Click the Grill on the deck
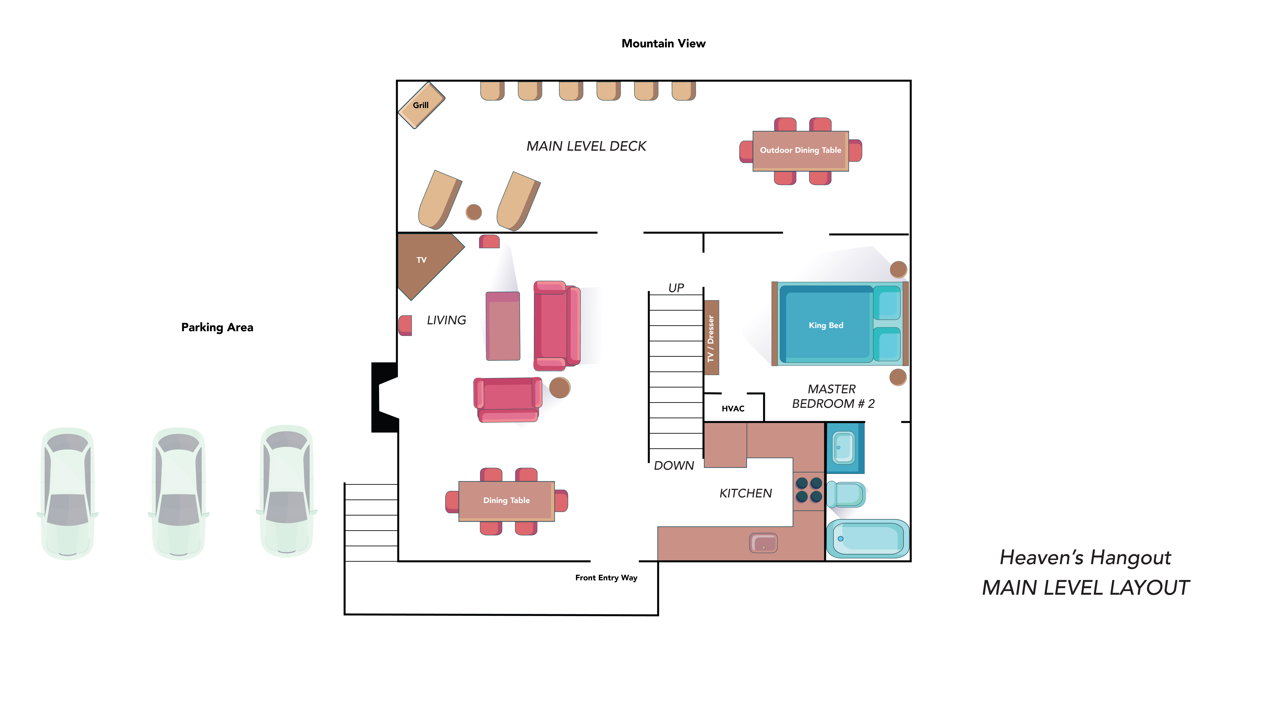click(421, 105)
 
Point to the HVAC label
click(733, 409)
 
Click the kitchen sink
click(763, 543)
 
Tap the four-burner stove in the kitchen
click(809, 490)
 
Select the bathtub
click(868, 539)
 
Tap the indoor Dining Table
click(507, 501)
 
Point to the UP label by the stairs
click(676, 288)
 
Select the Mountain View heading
click(663, 44)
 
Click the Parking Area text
click(217, 327)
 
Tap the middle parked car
click(179, 493)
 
